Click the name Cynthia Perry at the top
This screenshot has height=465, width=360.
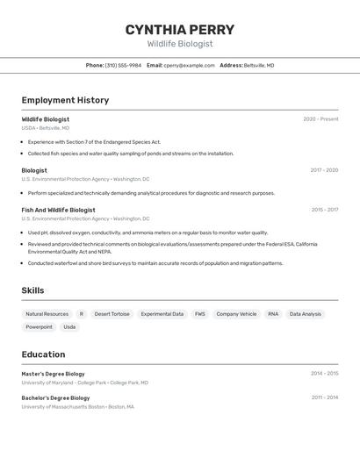[179, 30]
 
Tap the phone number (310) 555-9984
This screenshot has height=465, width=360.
[123, 65]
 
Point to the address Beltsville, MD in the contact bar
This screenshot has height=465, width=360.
[258, 65]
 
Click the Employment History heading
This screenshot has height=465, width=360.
[65, 100]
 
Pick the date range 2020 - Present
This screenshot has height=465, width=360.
[320, 119]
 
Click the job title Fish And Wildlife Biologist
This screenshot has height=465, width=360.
[58, 210]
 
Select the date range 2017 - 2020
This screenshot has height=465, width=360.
[324, 170]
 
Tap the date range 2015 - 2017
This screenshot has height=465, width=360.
[324, 210]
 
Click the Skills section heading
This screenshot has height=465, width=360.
[32, 290]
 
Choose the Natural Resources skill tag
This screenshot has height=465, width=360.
[47, 314]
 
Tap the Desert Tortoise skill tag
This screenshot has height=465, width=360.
[112, 314]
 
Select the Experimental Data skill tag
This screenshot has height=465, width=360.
[162, 314]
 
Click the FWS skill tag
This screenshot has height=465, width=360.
[200, 314]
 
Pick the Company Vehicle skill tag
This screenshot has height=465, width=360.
[236, 314]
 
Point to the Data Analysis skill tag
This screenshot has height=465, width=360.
[306, 314]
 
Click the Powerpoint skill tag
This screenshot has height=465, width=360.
[39, 327]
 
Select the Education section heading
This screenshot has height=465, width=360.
[43, 354]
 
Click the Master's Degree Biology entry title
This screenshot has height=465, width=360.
[53, 374]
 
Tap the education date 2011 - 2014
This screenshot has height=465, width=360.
[324, 397]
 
